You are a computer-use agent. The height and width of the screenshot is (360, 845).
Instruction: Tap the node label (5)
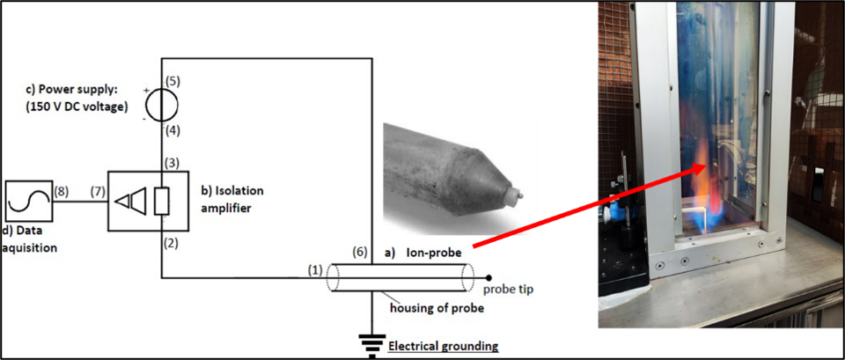point(173,81)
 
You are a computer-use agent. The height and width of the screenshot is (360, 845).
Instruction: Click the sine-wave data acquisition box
point(29,202)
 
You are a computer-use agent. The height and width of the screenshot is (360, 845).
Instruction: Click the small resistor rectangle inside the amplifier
point(162,202)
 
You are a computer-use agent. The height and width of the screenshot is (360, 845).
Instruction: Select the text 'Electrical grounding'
point(443,346)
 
